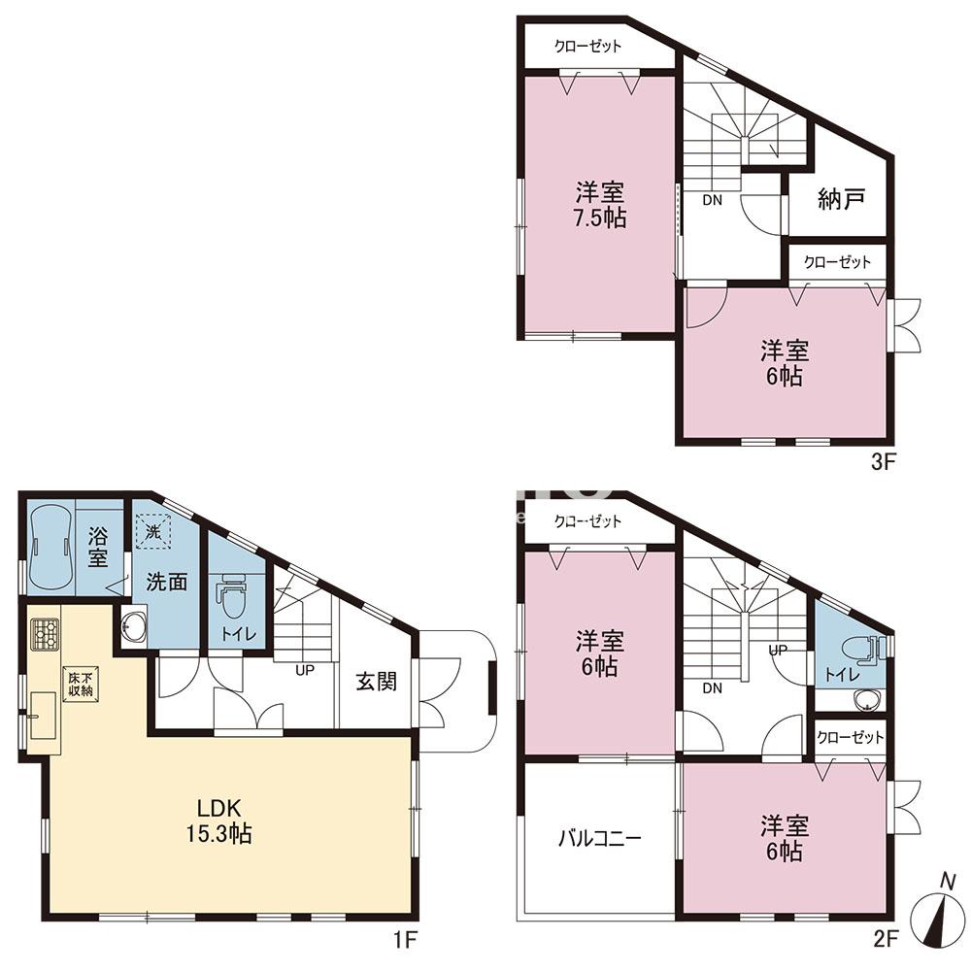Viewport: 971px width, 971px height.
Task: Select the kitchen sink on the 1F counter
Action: (44, 716)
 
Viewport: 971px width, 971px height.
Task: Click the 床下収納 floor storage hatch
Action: (81, 684)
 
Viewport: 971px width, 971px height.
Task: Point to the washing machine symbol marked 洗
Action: (153, 531)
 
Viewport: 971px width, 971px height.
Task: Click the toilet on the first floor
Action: (232, 595)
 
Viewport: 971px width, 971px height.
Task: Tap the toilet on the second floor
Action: (863, 650)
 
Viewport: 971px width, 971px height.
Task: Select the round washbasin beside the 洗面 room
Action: (134, 629)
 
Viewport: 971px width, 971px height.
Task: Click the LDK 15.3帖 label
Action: (218, 820)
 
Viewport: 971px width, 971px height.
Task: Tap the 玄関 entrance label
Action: (376, 682)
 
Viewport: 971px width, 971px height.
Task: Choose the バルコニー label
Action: (599, 839)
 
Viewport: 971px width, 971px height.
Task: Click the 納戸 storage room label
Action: (841, 199)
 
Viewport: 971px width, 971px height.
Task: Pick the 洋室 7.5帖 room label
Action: (600, 205)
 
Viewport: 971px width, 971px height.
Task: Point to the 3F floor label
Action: (884, 462)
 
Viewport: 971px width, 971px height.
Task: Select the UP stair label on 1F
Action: (305, 670)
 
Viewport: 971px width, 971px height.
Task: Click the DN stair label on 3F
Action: (712, 200)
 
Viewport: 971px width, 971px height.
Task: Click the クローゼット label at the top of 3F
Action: (587, 46)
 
